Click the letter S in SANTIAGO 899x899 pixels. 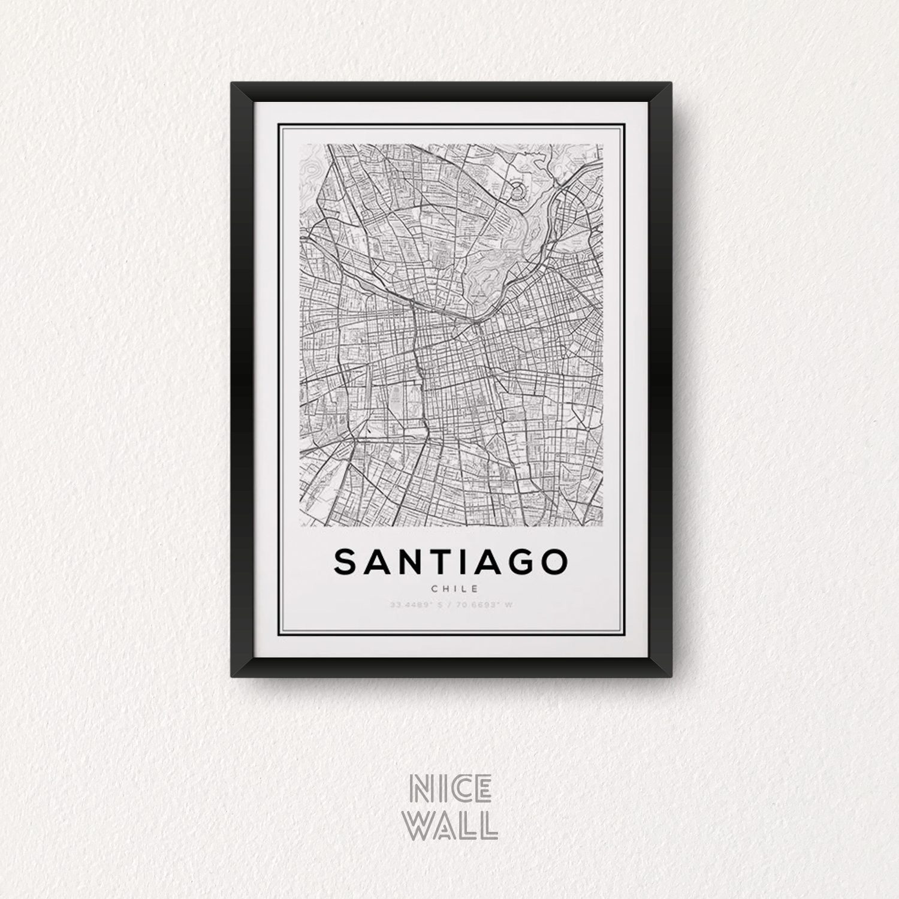coord(346,562)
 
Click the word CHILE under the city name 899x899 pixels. coord(451,589)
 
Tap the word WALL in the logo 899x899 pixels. coord(452,825)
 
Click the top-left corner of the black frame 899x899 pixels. coord(232,83)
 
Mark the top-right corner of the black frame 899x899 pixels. coord(669,83)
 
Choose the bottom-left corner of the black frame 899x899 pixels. coord(232,677)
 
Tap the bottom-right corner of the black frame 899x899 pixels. coord(669,677)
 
